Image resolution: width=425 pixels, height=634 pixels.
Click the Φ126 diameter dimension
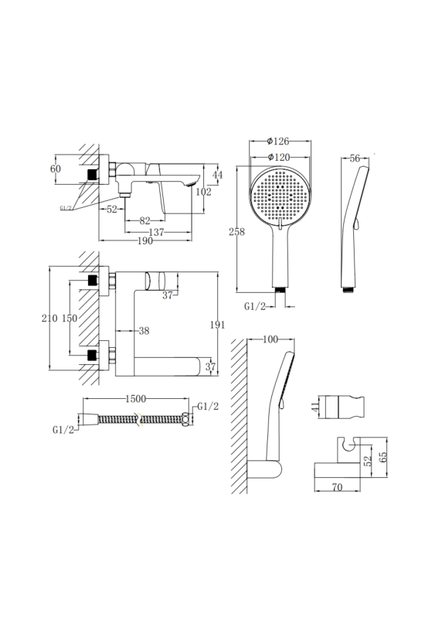[x=278, y=141]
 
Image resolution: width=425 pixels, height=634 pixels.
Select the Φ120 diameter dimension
[x=279, y=157]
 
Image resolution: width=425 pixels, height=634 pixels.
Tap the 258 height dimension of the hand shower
[x=236, y=232]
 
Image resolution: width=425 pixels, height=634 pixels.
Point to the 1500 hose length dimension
[x=135, y=399]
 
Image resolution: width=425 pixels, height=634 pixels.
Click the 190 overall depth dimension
[x=145, y=241]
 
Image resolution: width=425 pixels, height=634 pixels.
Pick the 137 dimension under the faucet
[x=156, y=232]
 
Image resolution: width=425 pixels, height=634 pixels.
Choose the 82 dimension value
[x=144, y=221]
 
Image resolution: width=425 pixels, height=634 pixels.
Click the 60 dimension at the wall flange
[x=56, y=169]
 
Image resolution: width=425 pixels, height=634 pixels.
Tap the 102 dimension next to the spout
[x=203, y=192]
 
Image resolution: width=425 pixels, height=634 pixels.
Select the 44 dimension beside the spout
[x=217, y=175]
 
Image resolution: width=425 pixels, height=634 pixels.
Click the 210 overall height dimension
[x=49, y=319]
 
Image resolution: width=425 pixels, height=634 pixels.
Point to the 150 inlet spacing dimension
[x=70, y=319]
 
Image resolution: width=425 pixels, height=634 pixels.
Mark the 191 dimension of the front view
[x=217, y=324]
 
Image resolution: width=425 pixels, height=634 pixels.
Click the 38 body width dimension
[x=144, y=331]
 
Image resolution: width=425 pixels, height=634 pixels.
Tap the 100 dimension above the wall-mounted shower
[x=270, y=339]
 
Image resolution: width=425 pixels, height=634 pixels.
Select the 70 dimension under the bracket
[x=337, y=487]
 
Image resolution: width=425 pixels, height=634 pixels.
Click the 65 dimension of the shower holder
[x=383, y=456]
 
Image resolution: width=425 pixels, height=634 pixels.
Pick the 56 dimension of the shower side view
[x=355, y=158]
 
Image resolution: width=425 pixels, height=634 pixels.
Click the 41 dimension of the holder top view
[x=315, y=407]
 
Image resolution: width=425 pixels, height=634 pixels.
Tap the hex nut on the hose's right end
[x=185, y=419]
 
